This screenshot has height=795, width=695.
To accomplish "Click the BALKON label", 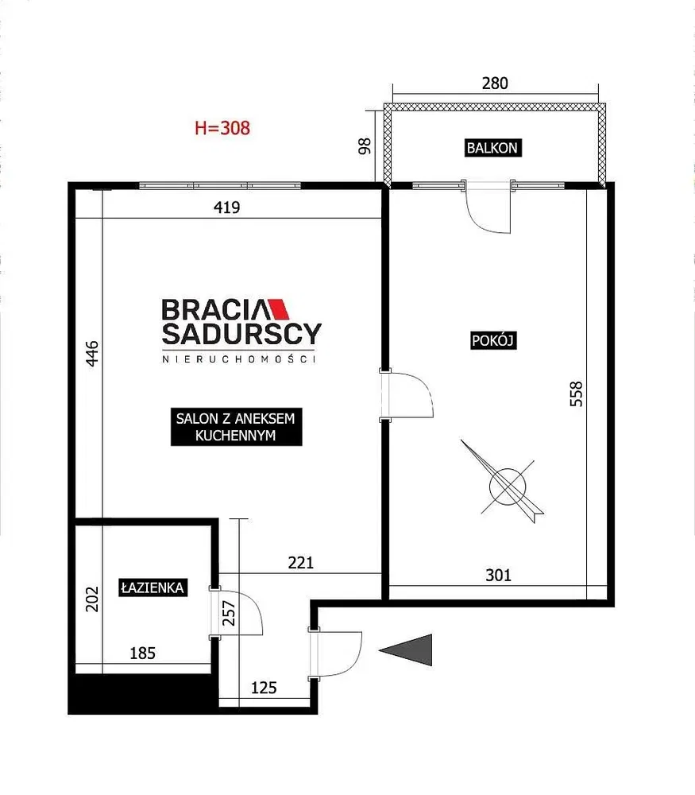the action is tap(493, 148).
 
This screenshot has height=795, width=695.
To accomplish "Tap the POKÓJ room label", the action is tap(493, 340).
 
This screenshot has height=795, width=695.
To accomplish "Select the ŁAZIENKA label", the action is tap(153, 588).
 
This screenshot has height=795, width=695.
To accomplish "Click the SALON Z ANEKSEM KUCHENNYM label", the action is tap(236, 427).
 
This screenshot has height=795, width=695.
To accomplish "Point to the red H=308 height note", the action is tap(222, 128).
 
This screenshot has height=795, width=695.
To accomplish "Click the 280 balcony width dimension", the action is tap(495, 83).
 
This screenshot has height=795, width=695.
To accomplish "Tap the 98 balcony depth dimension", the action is tap(365, 146).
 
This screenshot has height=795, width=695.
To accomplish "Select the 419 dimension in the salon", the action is tap(227, 207).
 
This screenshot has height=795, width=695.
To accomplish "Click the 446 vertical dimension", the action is tap(91, 354).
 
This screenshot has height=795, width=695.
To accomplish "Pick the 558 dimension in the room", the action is tap(577, 394).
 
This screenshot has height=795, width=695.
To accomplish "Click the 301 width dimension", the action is tap(499, 575).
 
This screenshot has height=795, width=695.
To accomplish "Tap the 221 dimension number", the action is tap(301, 563).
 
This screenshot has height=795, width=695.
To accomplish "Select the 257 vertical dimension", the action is tap(230, 613).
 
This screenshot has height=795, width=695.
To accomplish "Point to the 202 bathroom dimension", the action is tap(91, 599).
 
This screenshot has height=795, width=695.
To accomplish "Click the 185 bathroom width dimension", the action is tap(142, 653).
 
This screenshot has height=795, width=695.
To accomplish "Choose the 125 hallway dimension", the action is tap(264, 688).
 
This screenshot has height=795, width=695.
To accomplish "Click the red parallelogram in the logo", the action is tap(278, 309).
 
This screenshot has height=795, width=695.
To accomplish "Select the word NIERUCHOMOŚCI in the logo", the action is tap(239, 359).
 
